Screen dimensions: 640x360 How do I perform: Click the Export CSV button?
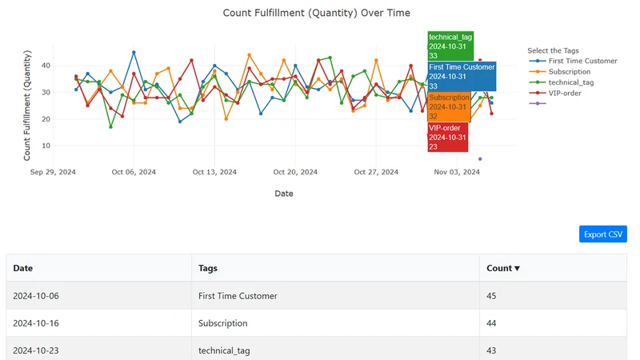pos(603,234)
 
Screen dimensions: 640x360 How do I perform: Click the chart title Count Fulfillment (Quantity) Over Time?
pos(316,13)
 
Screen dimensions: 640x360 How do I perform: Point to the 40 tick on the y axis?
pos(46,66)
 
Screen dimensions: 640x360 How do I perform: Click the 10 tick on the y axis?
pos(46,146)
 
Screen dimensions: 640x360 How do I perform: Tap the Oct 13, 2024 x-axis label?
pos(214,172)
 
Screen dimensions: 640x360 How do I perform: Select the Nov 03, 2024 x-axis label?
pos(457,172)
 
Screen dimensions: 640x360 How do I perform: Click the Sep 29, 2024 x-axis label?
pos(53,172)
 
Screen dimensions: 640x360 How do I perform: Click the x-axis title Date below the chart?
pos(284,194)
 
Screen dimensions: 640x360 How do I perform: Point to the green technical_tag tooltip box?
pos(450,46)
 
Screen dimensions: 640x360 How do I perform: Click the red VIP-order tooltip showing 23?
pos(448,137)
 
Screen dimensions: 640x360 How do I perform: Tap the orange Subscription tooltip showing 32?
pos(449,107)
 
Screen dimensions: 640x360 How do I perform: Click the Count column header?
pos(503,268)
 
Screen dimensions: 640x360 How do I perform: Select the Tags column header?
pos(208,268)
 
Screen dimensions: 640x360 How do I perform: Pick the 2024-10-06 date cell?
pos(36,296)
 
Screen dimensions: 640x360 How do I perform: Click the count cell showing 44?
pos(491,323)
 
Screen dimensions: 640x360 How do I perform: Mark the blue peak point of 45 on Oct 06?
pos(134,53)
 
